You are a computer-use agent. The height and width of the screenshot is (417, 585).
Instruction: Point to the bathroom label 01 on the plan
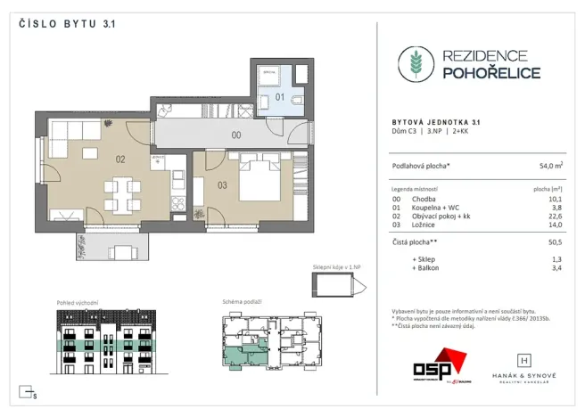[279, 95]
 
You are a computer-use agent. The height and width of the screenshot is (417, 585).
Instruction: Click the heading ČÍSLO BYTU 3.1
[67, 25]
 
